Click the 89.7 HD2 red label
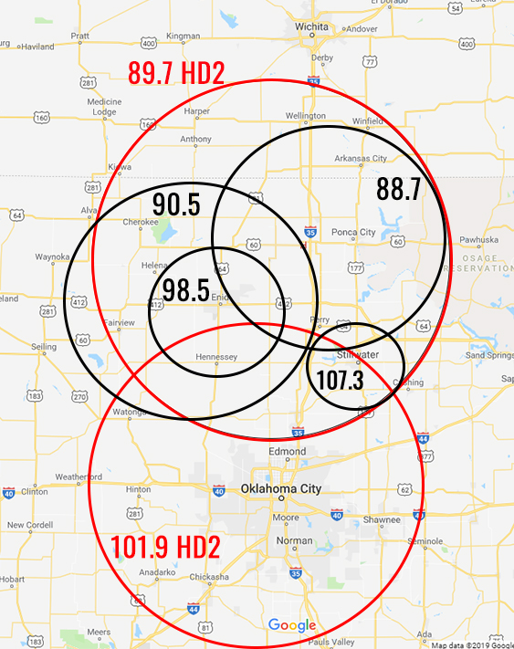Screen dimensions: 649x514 tap(176, 74)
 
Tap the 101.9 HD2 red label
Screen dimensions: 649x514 tap(165, 547)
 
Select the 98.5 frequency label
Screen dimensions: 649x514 tap(186, 291)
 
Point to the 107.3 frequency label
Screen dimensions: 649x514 tap(340, 379)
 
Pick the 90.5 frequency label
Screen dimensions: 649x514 tap(175, 204)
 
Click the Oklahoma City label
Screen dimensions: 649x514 tap(280, 489)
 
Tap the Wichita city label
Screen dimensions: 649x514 tap(311, 27)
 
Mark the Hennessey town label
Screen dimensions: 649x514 tap(216, 356)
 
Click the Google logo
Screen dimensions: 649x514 tap(291, 625)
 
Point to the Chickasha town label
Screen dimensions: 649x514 tap(209, 577)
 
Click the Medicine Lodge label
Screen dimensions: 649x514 tap(104, 107)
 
